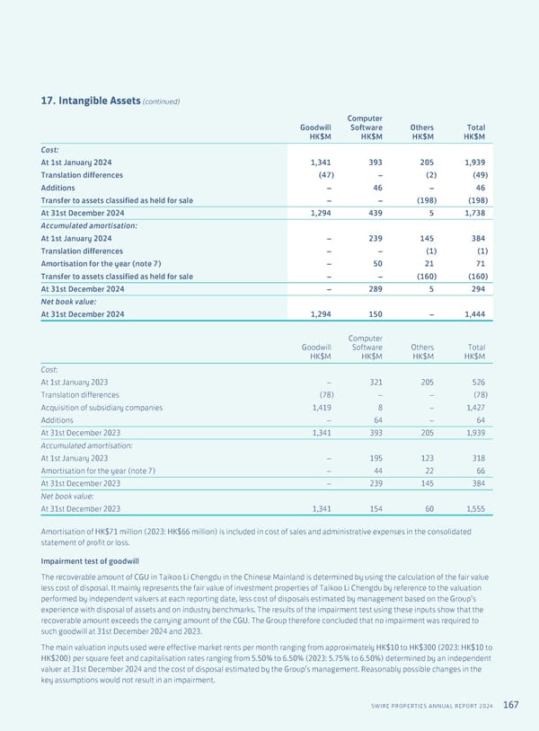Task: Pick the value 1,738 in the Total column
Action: pos(472,213)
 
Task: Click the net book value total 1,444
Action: pos(472,314)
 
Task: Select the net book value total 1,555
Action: pos(472,508)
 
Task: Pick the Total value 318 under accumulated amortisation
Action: pos(476,458)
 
